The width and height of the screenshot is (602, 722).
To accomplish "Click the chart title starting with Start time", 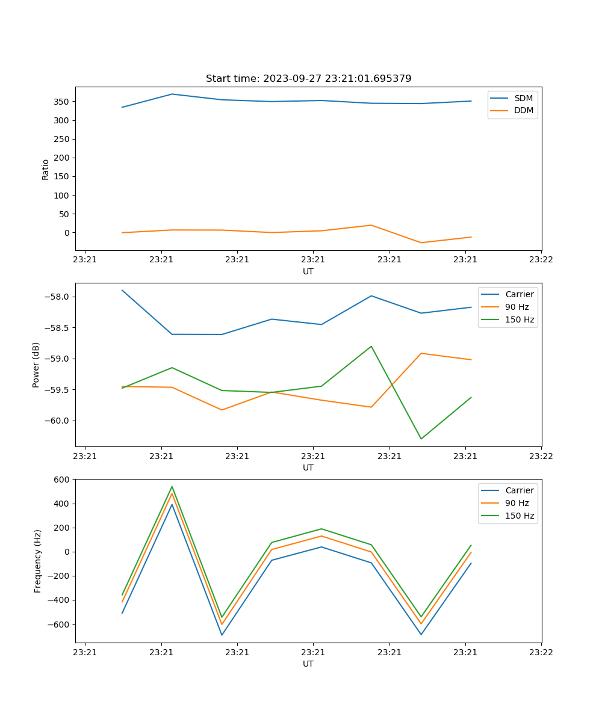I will pos(308,79).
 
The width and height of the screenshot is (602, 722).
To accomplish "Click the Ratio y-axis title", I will pos(46,169).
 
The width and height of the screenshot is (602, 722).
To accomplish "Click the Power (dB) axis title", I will pos(37,365).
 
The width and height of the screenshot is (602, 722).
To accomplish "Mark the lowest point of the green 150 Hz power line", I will pos(421,439).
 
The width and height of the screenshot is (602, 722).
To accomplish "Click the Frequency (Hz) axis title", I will pos(38,561).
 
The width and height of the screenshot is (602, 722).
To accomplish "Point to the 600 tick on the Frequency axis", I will pos(63,480).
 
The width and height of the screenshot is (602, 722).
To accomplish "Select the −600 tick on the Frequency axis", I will pos(59,625).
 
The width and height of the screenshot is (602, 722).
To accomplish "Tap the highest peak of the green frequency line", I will pos(172,487).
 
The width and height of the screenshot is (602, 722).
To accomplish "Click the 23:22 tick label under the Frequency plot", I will pos(541,652).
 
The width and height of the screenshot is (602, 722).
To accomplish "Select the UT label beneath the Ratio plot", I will pos(308,271).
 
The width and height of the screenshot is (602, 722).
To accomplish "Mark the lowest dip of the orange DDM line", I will pos(421,242).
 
